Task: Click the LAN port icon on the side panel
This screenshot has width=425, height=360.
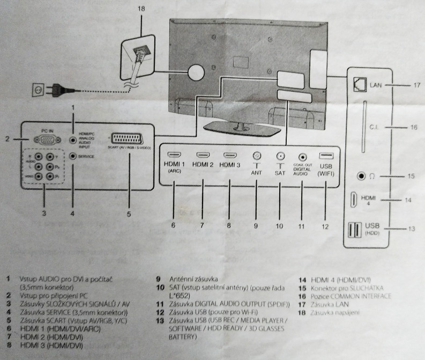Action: (x=359, y=84)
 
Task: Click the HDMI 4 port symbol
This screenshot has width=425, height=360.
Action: (x=355, y=200)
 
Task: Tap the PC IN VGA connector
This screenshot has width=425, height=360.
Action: (x=47, y=138)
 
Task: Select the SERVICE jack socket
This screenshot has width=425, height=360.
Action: (x=73, y=157)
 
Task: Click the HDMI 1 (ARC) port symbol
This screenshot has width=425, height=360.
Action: (x=174, y=155)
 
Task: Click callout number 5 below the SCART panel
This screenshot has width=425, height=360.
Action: (x=129, y=214)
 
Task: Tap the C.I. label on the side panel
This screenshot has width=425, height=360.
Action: (x=375, y=128)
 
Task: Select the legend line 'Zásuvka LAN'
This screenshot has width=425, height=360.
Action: (x=327, y=304)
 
